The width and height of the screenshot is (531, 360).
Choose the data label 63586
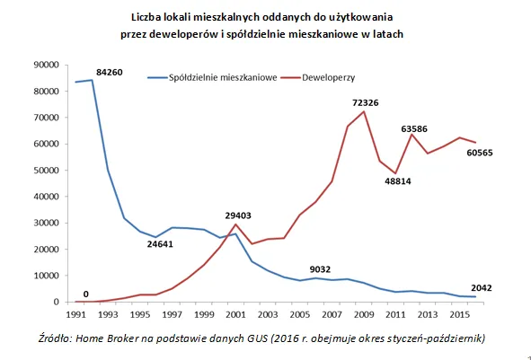point(428,129)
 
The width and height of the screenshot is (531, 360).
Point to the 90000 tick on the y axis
point(46,65)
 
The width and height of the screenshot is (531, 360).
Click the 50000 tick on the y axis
point(46,171)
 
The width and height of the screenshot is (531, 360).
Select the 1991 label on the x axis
point(75,314)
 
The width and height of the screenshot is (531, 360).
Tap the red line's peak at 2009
point(364,111)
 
